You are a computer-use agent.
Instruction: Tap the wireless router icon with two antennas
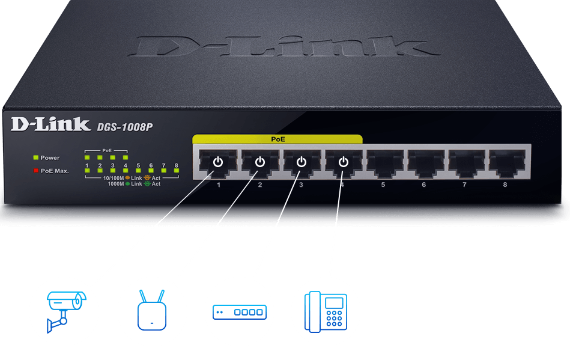pos(151,310)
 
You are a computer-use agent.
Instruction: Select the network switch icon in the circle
pos(239,311)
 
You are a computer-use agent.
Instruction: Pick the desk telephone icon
pos(326,310)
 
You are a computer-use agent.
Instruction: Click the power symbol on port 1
pos(218,162)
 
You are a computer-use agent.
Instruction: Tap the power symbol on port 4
pos(343,162)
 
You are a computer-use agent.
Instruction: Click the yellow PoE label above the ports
pos(277,139)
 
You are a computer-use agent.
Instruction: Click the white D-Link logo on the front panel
pos(50,124)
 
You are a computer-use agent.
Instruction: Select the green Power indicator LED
pos(35,157)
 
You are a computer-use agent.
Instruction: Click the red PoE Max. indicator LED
pos(35,171)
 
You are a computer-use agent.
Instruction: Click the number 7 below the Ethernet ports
pos(464,185)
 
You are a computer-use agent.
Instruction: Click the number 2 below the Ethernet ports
pos(260,185)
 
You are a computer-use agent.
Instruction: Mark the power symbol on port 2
pos(259,162)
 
